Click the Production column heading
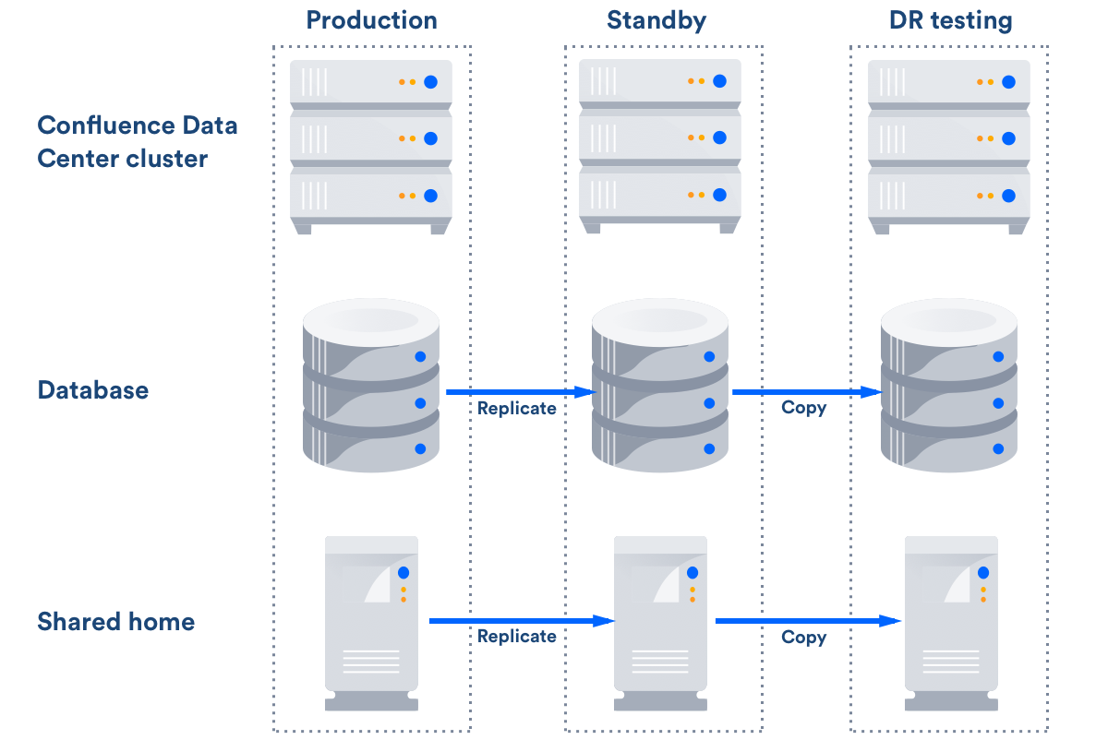[371, 20]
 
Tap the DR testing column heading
[950, 20]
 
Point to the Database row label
[92, 390]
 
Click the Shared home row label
[115, 622]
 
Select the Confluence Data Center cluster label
[137, 142]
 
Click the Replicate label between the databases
[516, 408]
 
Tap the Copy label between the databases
[803, 408]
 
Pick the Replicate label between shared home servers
[516, 637]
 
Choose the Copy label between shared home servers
[803, 637]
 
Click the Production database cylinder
[371, 388]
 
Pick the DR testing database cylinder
[948, 388]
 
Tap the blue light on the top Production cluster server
[430, 81]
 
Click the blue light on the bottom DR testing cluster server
[1008, 196]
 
